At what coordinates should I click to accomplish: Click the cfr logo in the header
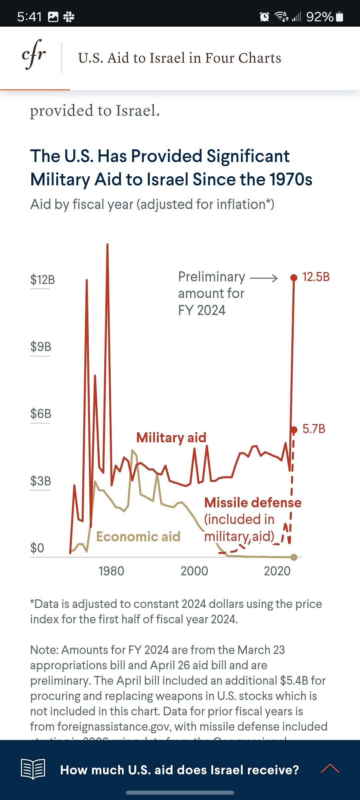point(34,55)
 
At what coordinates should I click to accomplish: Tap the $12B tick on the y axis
point(42,279)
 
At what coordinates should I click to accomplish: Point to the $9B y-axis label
point(41,347)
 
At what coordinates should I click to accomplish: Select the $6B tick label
point(41,414)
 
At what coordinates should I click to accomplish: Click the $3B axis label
point(41,481)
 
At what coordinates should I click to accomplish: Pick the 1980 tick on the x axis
point(111,571)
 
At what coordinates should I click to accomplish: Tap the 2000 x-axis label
point(194,571)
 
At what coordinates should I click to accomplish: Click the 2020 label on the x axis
point(277,571)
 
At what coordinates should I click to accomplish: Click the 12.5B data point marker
point(294,278)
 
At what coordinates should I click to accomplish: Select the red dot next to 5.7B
point(294,430)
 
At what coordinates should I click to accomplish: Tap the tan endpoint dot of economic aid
point(294,557)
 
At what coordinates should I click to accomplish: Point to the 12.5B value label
point(316,277)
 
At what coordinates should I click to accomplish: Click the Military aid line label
point(171,437)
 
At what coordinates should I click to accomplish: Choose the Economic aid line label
point(138,537)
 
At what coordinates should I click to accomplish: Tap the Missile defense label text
point(253,502)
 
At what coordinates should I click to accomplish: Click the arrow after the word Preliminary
point(264,278)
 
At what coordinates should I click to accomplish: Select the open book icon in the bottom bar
point(33,769)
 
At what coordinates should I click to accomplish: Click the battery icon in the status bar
point(340,17)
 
